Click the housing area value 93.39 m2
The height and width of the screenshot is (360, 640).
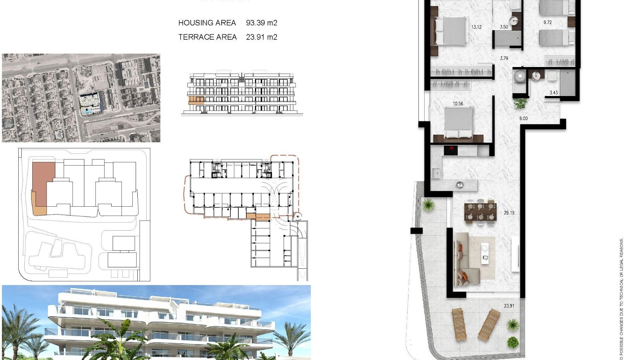[x=261, y=23]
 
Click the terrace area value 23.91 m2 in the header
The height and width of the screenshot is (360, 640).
[x=261, y=37]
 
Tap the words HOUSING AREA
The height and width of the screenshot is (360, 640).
[x=207, y=23]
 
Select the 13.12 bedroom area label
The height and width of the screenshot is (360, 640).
[x=476, y=27]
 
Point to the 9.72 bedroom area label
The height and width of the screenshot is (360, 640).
[x=547, y=23]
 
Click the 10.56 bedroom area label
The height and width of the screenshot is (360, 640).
[x=458, y=104]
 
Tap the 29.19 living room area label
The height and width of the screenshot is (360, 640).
[x=509, y=213]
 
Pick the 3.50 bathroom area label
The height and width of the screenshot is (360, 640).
[x=504, y=27]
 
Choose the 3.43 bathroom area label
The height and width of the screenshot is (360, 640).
[x=553, y=93]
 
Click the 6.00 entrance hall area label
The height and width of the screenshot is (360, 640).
[x=523, y=118]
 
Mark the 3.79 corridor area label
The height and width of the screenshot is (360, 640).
[x=504, y=58]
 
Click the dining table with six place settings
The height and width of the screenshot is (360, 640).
[x=480, y=212]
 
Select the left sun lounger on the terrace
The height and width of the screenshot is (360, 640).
[x=459, y=324]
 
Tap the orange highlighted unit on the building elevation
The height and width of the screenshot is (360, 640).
[x=196, y=100]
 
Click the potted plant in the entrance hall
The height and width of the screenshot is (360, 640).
[x=520, y=103]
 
